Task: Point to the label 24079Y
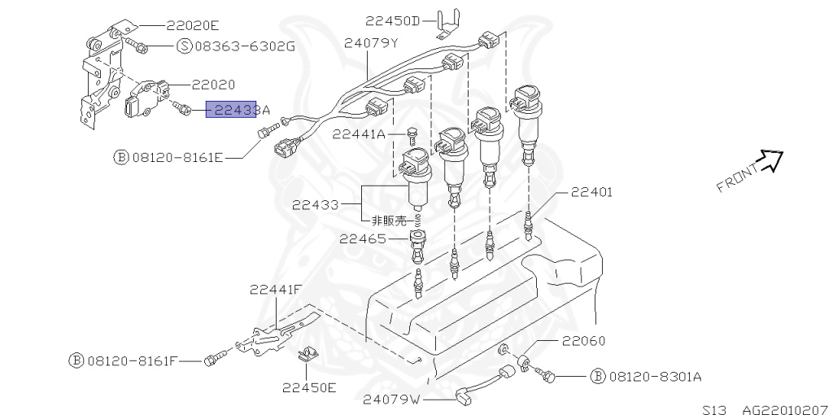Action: point(371,42)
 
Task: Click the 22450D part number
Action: point(393,20)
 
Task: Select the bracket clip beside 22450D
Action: point(446,23)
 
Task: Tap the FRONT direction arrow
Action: point(770,161)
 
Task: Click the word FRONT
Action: point(736,179)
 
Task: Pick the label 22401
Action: point(591,192)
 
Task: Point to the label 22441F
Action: point(276,289)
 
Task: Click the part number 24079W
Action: point(391,399)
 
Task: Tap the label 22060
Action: point(582,341)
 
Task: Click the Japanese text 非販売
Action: point(389,220)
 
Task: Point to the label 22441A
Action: point(359,135)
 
